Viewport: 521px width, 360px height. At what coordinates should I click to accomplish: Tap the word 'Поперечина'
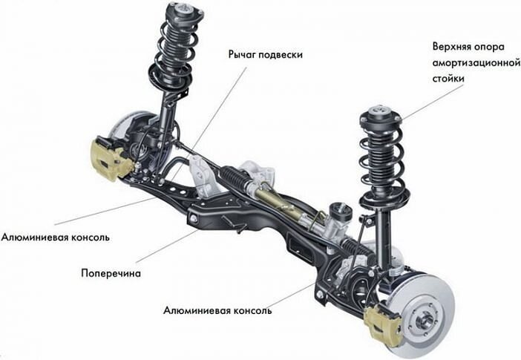pyautogui.click(x=111, y=272)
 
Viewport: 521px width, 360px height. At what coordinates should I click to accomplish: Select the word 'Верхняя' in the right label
pyautogui.click(x=453, y=46)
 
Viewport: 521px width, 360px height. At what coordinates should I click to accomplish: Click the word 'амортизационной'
pyautogui.click(x=474, y=62)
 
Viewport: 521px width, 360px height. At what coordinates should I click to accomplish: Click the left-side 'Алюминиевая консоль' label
pyautogui.click(x=56, y=238)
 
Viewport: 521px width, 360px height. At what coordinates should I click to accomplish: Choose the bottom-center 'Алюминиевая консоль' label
pyautogui.click(x=217, y=310)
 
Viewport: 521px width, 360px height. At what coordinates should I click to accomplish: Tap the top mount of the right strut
pyautogui.click(x=381, y=116)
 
